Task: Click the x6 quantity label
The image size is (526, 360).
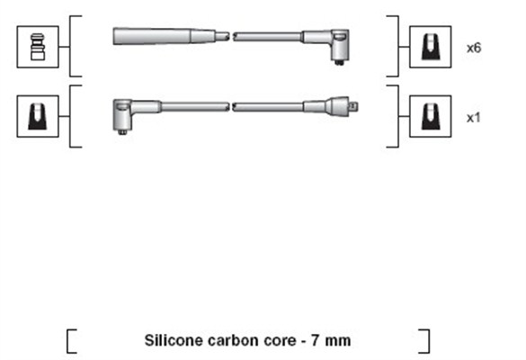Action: point(474,48)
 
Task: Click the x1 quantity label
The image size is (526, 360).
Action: point(473,118)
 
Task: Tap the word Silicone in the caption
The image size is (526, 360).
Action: point(174,340)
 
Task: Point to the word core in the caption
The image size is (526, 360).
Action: point(281,341)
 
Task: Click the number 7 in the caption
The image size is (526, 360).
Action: point(316,340)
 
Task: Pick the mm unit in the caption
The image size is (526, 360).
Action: point(338,341)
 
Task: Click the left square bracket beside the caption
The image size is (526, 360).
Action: point(68,341)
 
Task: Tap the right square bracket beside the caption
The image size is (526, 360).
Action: point(427,341)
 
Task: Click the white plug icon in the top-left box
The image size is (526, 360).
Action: point(37,47)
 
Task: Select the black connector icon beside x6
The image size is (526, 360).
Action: point(431,47)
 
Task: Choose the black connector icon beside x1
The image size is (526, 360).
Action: point(431,116)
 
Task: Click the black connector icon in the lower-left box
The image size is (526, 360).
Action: point(37,116)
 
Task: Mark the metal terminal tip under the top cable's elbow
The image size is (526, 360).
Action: point(340,62)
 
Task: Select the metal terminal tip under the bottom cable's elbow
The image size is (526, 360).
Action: point(122,132)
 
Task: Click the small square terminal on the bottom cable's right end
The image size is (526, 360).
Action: point(354,106)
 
